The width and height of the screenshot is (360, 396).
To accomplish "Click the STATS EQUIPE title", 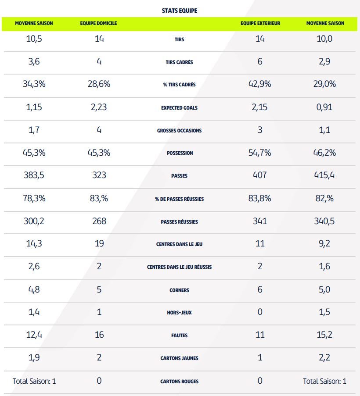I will click(180, 11).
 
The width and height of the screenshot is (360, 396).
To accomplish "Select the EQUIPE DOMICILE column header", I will click(98, 23).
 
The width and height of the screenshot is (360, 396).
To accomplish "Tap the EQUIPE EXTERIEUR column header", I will click(260, 23).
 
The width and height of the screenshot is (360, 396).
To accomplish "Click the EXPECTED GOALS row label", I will click(179, 107).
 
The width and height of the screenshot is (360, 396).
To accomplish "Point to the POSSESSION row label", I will click(179, 153).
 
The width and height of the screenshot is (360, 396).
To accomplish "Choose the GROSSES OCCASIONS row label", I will click(179, 130).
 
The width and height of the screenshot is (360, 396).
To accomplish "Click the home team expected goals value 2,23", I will click(99, 107).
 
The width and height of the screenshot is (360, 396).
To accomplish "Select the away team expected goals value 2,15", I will click(260, 107).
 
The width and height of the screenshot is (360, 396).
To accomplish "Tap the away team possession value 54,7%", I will click(260, 153).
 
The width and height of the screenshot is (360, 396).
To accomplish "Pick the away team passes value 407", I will click(260, 175).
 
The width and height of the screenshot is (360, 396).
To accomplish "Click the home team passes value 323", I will click(99, 175).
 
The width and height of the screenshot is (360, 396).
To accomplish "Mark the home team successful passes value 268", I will click(99, 221).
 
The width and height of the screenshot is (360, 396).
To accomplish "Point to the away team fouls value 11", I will click(260, 335).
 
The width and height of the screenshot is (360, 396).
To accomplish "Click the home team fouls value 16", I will click(99, 335).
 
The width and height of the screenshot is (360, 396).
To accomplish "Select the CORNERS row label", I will click(179, 290).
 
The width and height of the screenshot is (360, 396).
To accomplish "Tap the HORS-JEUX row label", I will click(179, 313).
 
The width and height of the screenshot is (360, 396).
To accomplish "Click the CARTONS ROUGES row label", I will click(179, 381).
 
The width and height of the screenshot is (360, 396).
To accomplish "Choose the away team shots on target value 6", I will click(260, 61).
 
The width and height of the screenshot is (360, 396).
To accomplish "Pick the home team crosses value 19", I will click(99, 244).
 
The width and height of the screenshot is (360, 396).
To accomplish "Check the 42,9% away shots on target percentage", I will click(260, 84).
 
